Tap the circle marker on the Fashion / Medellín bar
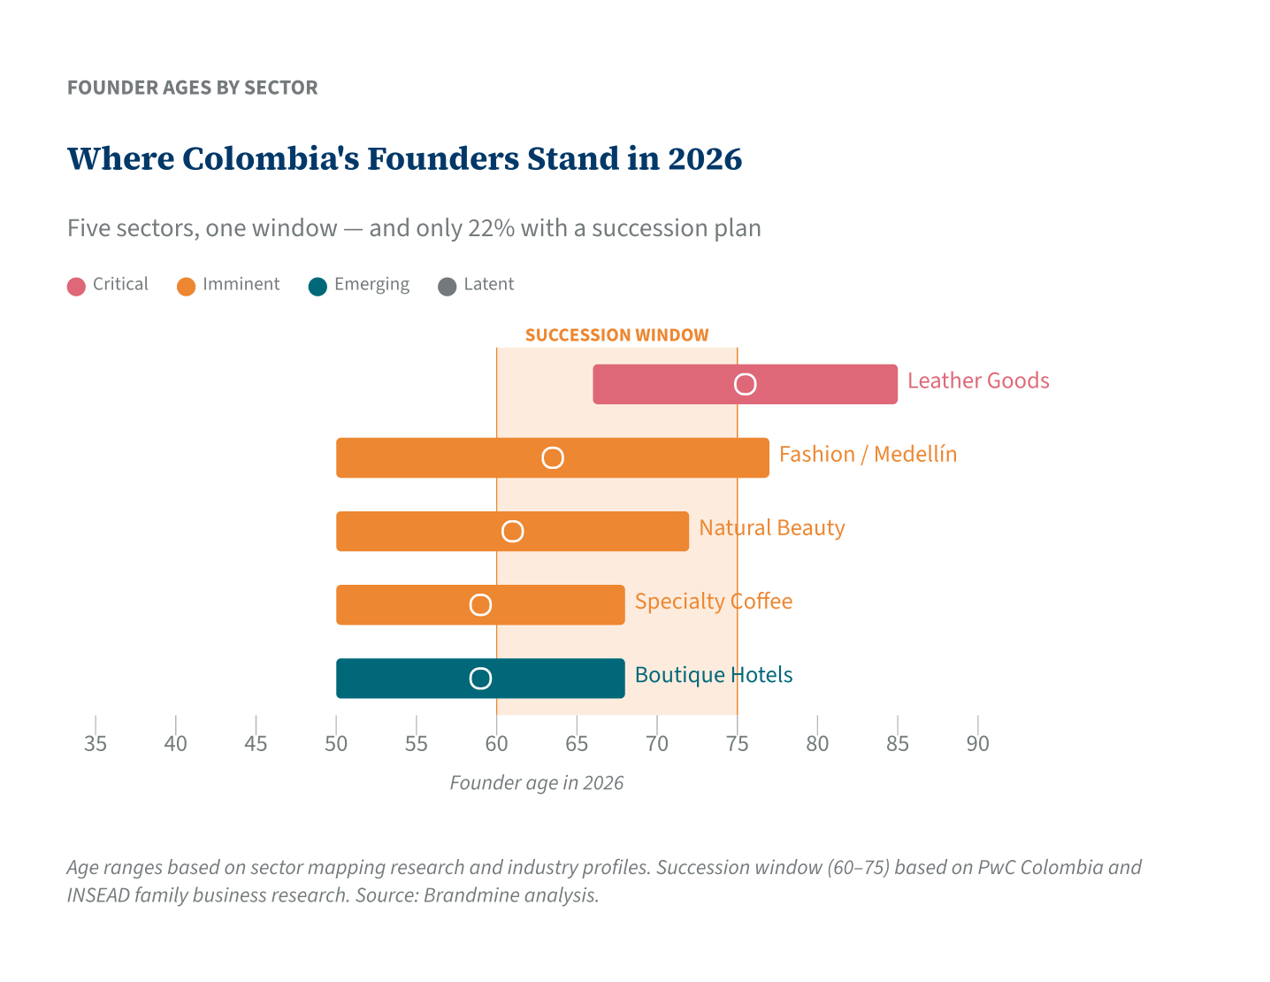coord(553,457)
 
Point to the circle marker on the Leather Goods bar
coord(746,384)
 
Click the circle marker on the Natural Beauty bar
coord(512,532)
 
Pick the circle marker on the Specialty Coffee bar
coord(480,605)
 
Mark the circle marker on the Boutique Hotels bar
coord(480,679)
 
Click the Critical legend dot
coord(77,286)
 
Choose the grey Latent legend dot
coord(448,286)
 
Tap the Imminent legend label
coord(241,284)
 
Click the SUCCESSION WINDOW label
coord(616,335)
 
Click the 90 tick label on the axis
coord(977,743)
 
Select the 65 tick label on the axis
coord(577,743)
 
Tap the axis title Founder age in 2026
coord(536,783)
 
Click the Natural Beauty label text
coord(771,528)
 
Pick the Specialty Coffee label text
coord(713,602)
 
